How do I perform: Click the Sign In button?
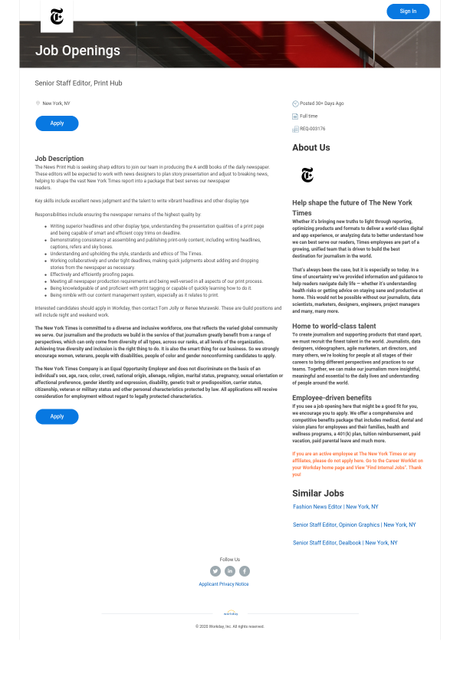coord(408,11)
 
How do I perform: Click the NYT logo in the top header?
coord(57,16)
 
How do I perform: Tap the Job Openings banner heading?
coord(77,51)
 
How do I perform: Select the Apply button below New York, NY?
coord(57,123)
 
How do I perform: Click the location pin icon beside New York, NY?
coord(38,103)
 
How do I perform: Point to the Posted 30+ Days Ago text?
coord(321,103)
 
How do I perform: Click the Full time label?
coord(308,117)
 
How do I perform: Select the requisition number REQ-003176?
coord(312,129)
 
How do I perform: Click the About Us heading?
coord(310,147)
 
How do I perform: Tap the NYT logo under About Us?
coord(307,175)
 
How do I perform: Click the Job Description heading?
coord(59,159)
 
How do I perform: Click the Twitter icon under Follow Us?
coord(215,570)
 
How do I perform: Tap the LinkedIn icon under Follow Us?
coord(230,570)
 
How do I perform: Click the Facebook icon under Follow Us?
coord(245,570)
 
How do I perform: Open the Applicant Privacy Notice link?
coord(224,584)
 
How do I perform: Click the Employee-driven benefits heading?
coord(331,398)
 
